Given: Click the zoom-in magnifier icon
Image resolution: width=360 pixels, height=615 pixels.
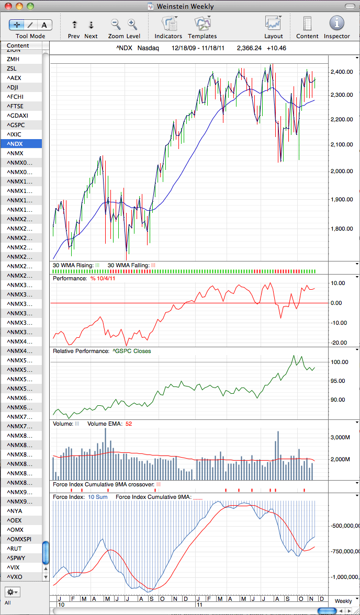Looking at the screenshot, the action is pos(132,24).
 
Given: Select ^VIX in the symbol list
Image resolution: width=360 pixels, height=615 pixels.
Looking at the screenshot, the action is pos(13,567).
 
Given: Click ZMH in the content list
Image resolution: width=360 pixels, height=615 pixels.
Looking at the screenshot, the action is pos(13,59).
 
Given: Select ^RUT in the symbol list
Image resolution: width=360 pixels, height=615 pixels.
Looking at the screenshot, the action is pos(14,548).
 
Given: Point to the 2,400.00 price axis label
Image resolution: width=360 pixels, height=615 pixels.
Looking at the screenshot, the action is pos(342,72).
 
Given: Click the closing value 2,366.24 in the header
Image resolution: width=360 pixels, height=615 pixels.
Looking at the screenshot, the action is pos(249,49).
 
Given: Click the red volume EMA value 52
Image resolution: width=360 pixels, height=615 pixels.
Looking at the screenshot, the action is pos(128,424).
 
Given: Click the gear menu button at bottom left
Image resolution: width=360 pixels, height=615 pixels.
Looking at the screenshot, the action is pos(12,591).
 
